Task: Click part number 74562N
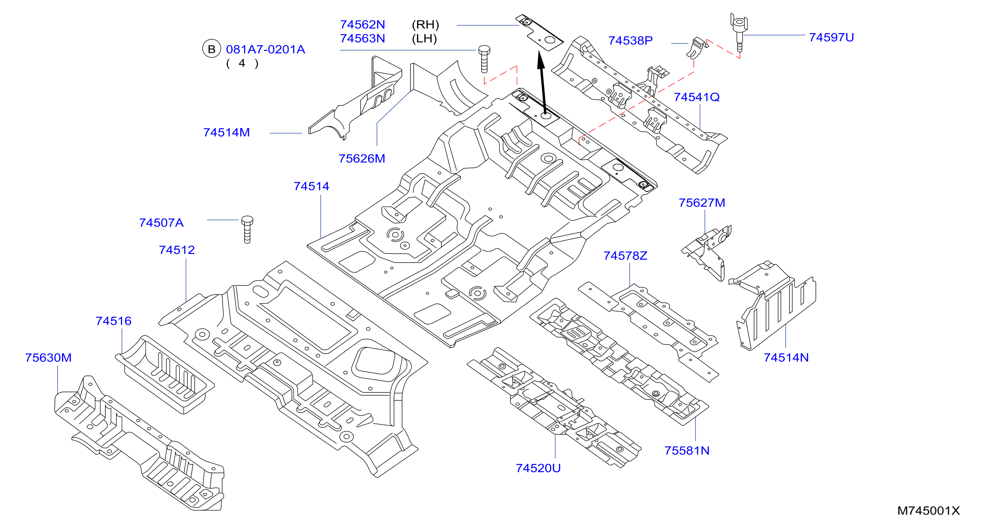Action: pos(362,25)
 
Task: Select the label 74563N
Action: pos(362,39)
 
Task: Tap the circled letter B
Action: pos(211,49)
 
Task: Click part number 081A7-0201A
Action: pos(266,49)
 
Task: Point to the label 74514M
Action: pos(227,132)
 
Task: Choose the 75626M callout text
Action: pos(362,159)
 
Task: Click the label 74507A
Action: pos(161,223)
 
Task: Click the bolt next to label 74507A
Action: pos(247,229)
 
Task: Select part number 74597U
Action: pos(831,38)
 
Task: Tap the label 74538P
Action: pos(630,41)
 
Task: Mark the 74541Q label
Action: pos(697,97)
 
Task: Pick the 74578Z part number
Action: pos(625,256)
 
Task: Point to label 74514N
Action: pos(786,358)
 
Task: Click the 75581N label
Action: pos(687,451)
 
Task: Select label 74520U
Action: pos(538,468)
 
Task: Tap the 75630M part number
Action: pos(48,358)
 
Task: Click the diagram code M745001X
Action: pos(929,511)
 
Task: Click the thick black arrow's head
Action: pos(541,60)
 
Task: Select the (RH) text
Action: pos(425,25)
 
